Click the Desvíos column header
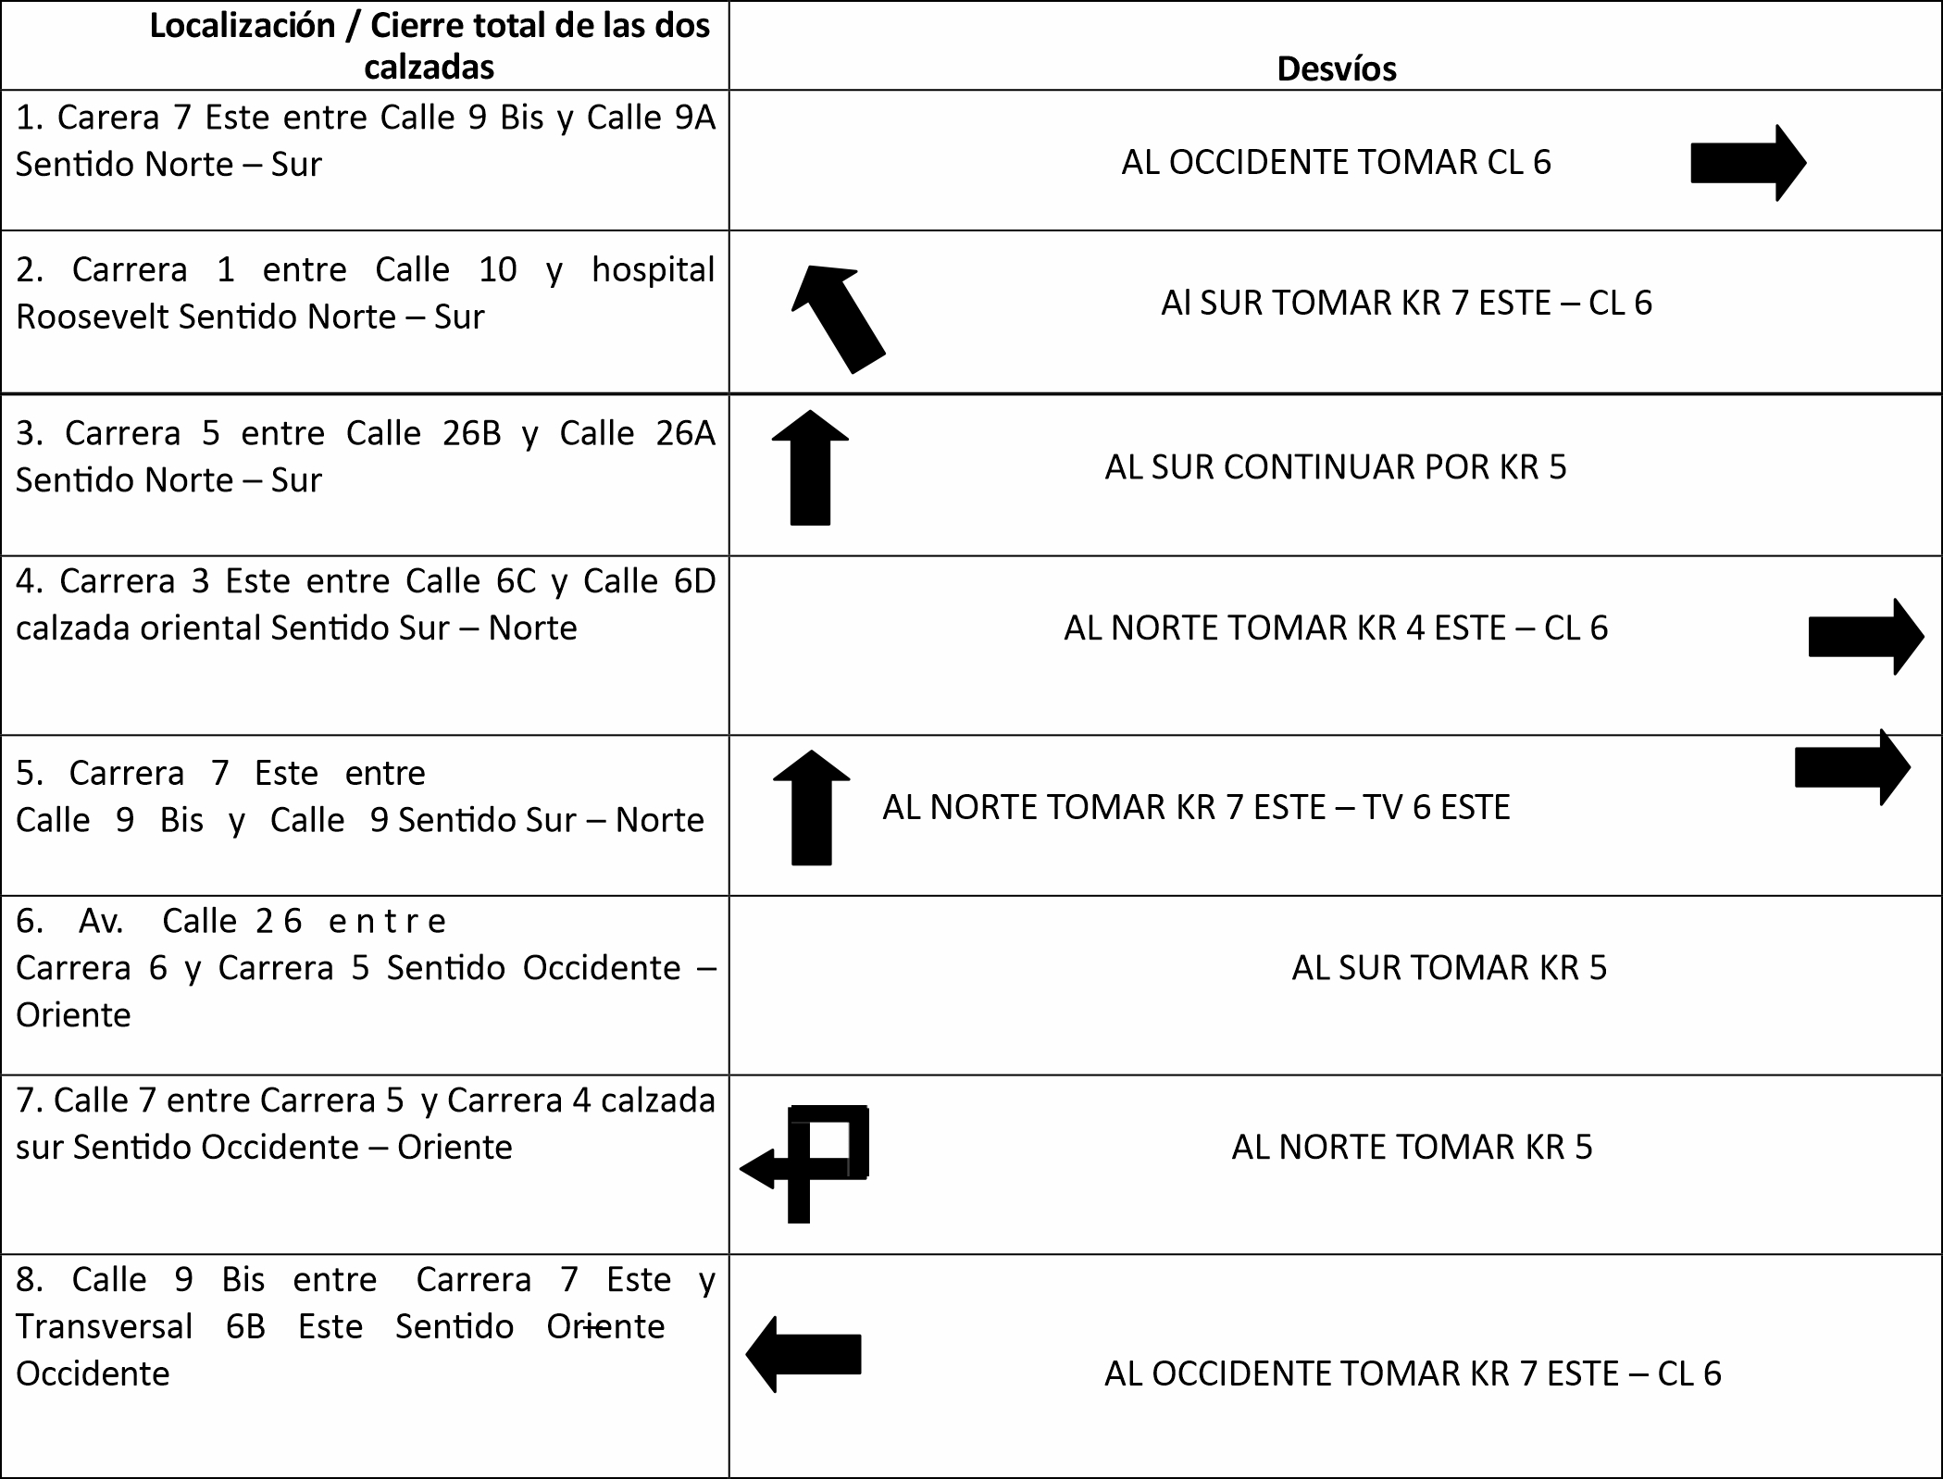tap(1336, 69)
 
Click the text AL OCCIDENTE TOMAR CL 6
tap(1336, 163)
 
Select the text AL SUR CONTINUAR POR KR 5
tap(1335, 467)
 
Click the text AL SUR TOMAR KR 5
tap(1449, 968)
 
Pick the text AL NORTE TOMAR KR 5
tap(1412, 1148)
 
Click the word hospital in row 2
tap(653, 270)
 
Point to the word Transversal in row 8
tap(104, 1327)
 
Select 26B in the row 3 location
tap(471, 434)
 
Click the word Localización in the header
tap(243, 26)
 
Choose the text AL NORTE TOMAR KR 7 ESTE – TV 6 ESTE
tap(1196, 808)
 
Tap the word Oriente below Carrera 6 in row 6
tap(73, 1015)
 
